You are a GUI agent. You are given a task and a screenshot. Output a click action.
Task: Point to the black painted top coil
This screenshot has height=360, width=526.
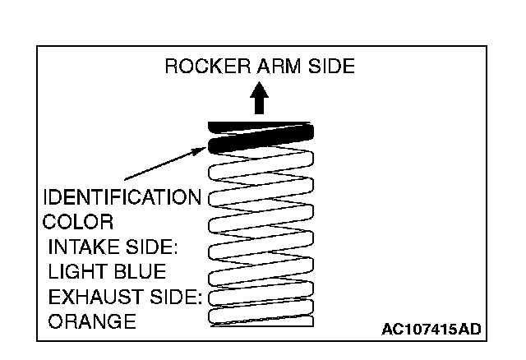click(260, 142)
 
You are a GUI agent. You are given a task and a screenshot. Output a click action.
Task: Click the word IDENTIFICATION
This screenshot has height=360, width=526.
click(122, 198)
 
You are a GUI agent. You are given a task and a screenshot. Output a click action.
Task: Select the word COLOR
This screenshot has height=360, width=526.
click(77, 223)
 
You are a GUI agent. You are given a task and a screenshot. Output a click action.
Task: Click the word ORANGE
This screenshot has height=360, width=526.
click(92, 321)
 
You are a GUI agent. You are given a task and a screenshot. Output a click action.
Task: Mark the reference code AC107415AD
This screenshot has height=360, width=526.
click(431, 330)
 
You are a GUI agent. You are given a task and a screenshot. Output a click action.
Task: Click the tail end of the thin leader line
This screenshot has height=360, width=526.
click(125, 179)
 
